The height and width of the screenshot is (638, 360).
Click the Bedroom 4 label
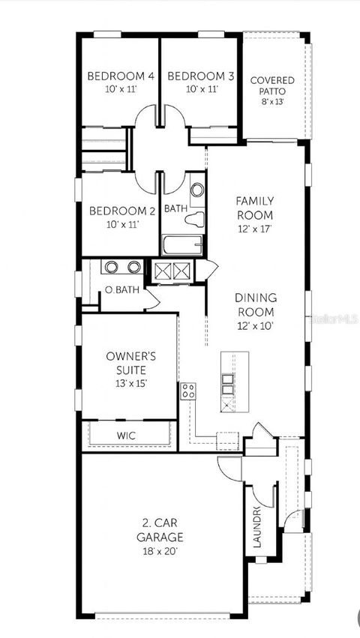(x=121, y=76)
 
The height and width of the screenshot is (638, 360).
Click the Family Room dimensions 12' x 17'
(x=255, y=228)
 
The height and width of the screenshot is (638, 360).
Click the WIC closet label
(x=126, y=435)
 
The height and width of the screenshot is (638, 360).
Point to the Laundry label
(x=256, y=528)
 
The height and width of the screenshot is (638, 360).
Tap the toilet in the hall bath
(x=195, y=220)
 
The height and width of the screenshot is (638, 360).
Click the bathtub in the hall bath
(x=182, y=245)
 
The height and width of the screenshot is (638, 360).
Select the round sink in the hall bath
(x=197, y=190)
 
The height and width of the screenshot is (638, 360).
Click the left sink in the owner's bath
(x=111, y=266)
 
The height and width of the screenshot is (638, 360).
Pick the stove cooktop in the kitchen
(x=188, y=391)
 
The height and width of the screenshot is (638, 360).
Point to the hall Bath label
(x=175, y=208)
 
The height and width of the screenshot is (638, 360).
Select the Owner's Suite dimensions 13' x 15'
(x=130, y=383)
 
